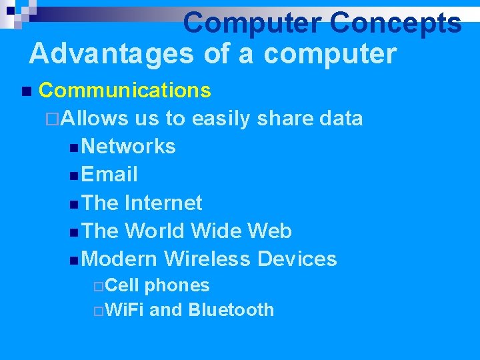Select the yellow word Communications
click(125, 90)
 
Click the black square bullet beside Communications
click(25, 91)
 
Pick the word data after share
click(341, 119)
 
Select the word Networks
click(130, 147)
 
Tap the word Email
click(111, 175)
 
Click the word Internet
click(163, 203)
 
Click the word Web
click(269, 231)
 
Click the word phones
click(177, 286)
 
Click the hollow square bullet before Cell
click(98, 287)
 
